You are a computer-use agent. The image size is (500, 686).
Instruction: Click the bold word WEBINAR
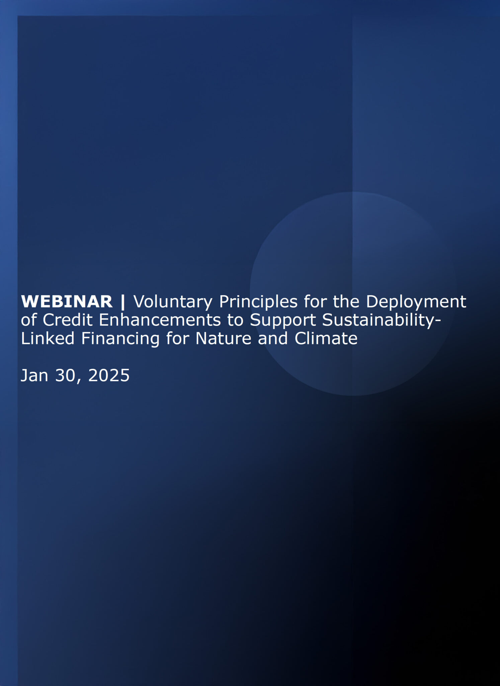[67, 301]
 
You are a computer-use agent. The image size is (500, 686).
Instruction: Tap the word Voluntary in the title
[173, 302]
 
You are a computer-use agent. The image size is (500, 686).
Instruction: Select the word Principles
[258, 302]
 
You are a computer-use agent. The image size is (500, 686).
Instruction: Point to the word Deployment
[416, 302]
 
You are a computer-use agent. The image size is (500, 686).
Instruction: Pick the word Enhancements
[160, 320]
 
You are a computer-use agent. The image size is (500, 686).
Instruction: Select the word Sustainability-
[382, 321]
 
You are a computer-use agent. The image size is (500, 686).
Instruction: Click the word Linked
[48, 338]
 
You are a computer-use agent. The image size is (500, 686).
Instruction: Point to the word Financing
[120, 339]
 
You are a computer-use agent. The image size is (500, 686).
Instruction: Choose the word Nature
[223, 338]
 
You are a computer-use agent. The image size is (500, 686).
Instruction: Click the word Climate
[326, 338]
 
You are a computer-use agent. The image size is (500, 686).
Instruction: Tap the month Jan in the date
[34, 375]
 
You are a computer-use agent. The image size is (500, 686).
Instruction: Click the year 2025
[109, 375]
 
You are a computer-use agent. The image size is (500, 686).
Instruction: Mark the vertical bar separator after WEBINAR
[123, 302]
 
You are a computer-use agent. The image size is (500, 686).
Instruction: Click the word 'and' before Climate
[273, 338]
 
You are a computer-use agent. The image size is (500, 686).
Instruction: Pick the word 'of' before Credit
[28, 320]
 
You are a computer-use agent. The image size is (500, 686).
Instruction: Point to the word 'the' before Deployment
[346, 301]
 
